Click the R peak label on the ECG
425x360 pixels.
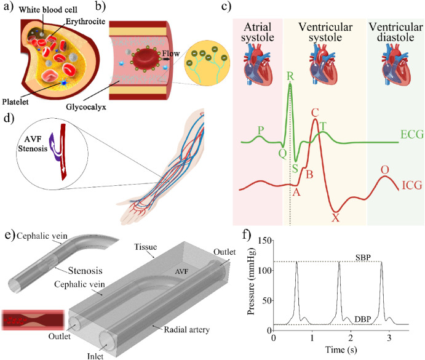tap(290, 77)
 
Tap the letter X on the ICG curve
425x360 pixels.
tap(335, 217)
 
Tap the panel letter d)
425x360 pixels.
tap(8, 118)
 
